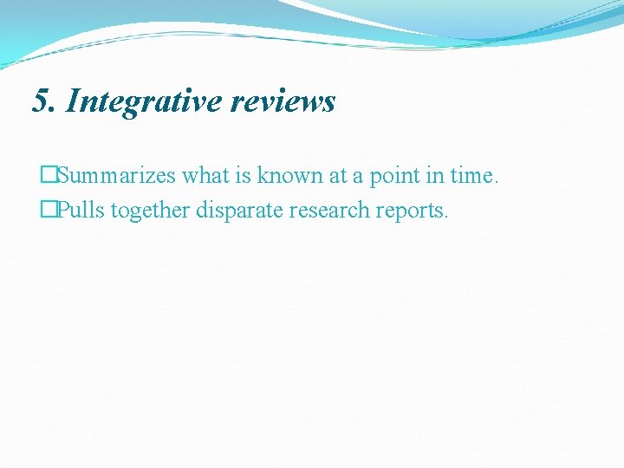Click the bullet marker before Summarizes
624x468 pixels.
pos(49,176)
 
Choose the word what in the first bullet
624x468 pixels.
pos(209,176)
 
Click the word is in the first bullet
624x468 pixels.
pos(247,176)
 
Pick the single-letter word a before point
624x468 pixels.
pos(357,176)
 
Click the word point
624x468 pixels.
pos(392,176)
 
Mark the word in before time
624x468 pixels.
pos(432,176)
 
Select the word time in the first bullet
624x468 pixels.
pos(470,176)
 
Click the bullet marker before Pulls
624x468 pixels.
pos(49,211)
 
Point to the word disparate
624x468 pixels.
pos(238,211)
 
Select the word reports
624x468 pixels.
pos(412,211)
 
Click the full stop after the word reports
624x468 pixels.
pos(445,217)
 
